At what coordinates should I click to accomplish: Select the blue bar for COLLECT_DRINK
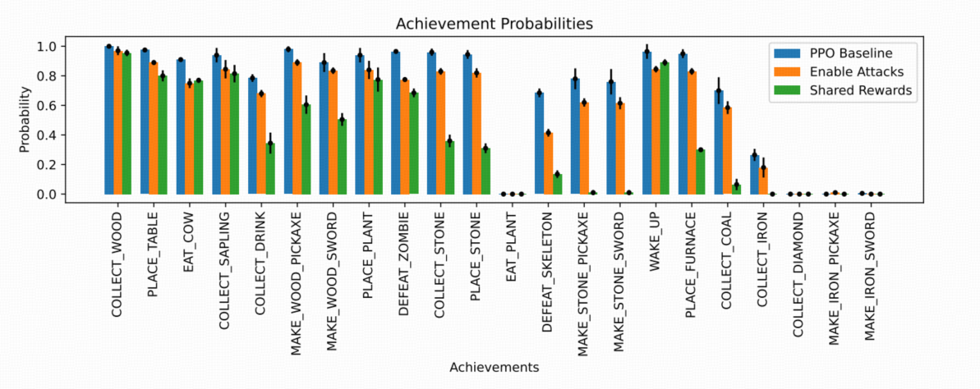[252, 136]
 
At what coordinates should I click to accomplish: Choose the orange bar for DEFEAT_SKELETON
[548, 163]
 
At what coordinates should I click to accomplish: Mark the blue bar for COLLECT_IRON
[755, 175]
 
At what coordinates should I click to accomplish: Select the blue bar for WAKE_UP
[646, 123]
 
